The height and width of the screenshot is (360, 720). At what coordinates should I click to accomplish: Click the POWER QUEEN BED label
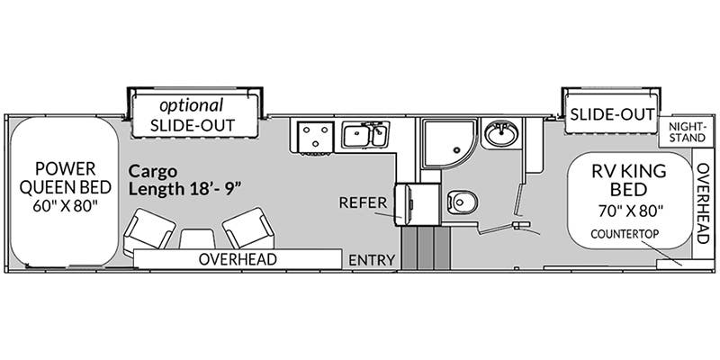pos(60,178)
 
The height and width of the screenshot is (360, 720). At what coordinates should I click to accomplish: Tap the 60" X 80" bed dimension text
pos(60,206)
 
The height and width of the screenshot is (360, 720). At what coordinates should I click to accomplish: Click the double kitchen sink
pos(365,136)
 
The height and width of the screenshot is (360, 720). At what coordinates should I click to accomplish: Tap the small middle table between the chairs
pos(196,238)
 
